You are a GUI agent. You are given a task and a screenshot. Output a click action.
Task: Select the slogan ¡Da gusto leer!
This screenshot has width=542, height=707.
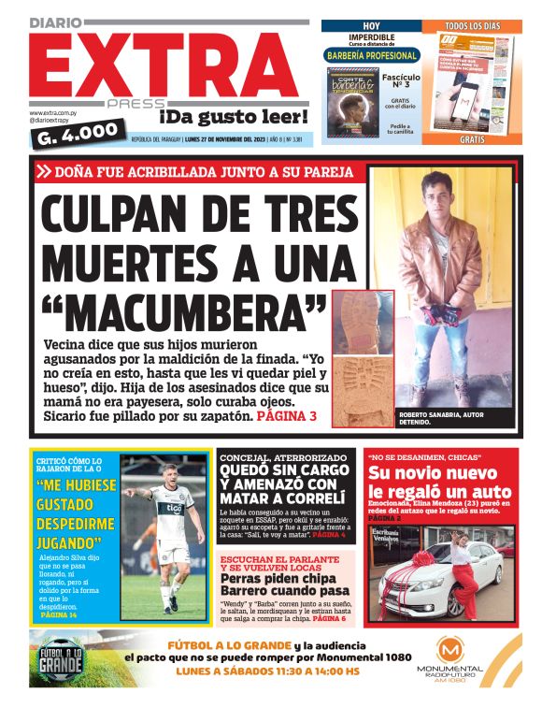233,117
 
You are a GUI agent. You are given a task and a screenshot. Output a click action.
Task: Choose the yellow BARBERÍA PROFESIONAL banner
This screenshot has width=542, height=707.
372,55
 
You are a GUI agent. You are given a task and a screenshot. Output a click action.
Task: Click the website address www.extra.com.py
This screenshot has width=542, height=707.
54,113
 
